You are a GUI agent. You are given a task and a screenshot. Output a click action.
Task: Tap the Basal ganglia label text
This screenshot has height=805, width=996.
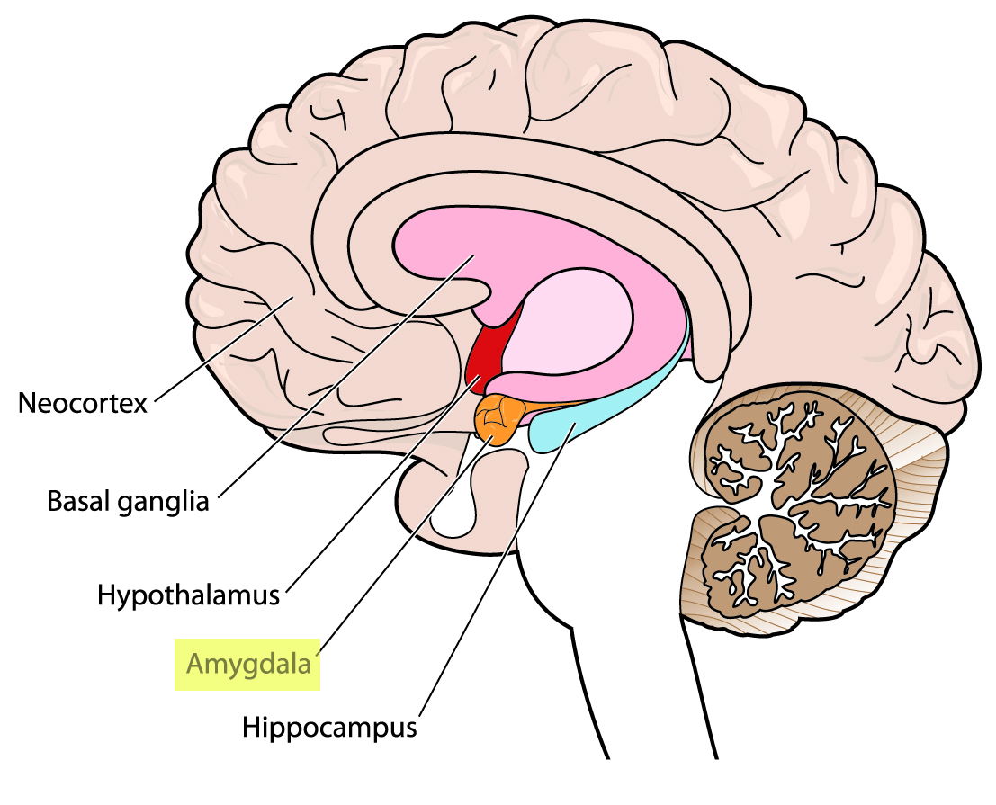(x=128, y=500)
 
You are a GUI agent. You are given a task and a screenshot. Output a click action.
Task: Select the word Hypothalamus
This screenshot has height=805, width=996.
(x=189, y=595)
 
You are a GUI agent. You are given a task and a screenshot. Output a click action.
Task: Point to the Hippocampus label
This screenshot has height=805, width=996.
(x=329, y=727)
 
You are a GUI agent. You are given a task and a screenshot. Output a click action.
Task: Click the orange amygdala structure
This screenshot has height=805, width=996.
(x=497, y=419)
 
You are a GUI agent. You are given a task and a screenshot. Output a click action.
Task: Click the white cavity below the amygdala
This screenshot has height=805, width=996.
(x=450, y=517)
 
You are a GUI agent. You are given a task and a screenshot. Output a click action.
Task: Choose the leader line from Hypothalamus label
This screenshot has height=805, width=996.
(x=378, y=486)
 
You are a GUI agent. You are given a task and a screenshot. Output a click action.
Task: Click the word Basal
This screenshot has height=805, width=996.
(x=76, y=500)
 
